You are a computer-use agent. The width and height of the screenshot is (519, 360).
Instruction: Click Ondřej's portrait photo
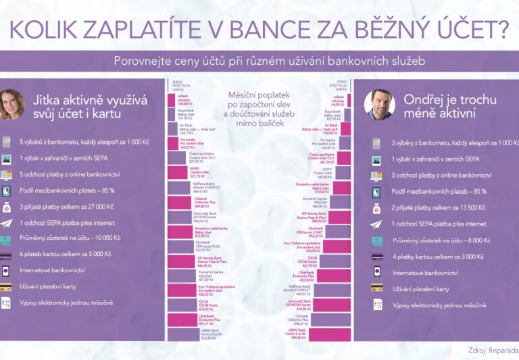379,105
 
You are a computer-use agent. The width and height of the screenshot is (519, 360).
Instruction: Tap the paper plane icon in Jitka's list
7,223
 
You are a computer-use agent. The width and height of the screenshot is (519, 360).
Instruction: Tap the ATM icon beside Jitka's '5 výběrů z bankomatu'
7,142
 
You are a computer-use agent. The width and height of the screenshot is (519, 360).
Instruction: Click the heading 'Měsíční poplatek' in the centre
260,95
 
